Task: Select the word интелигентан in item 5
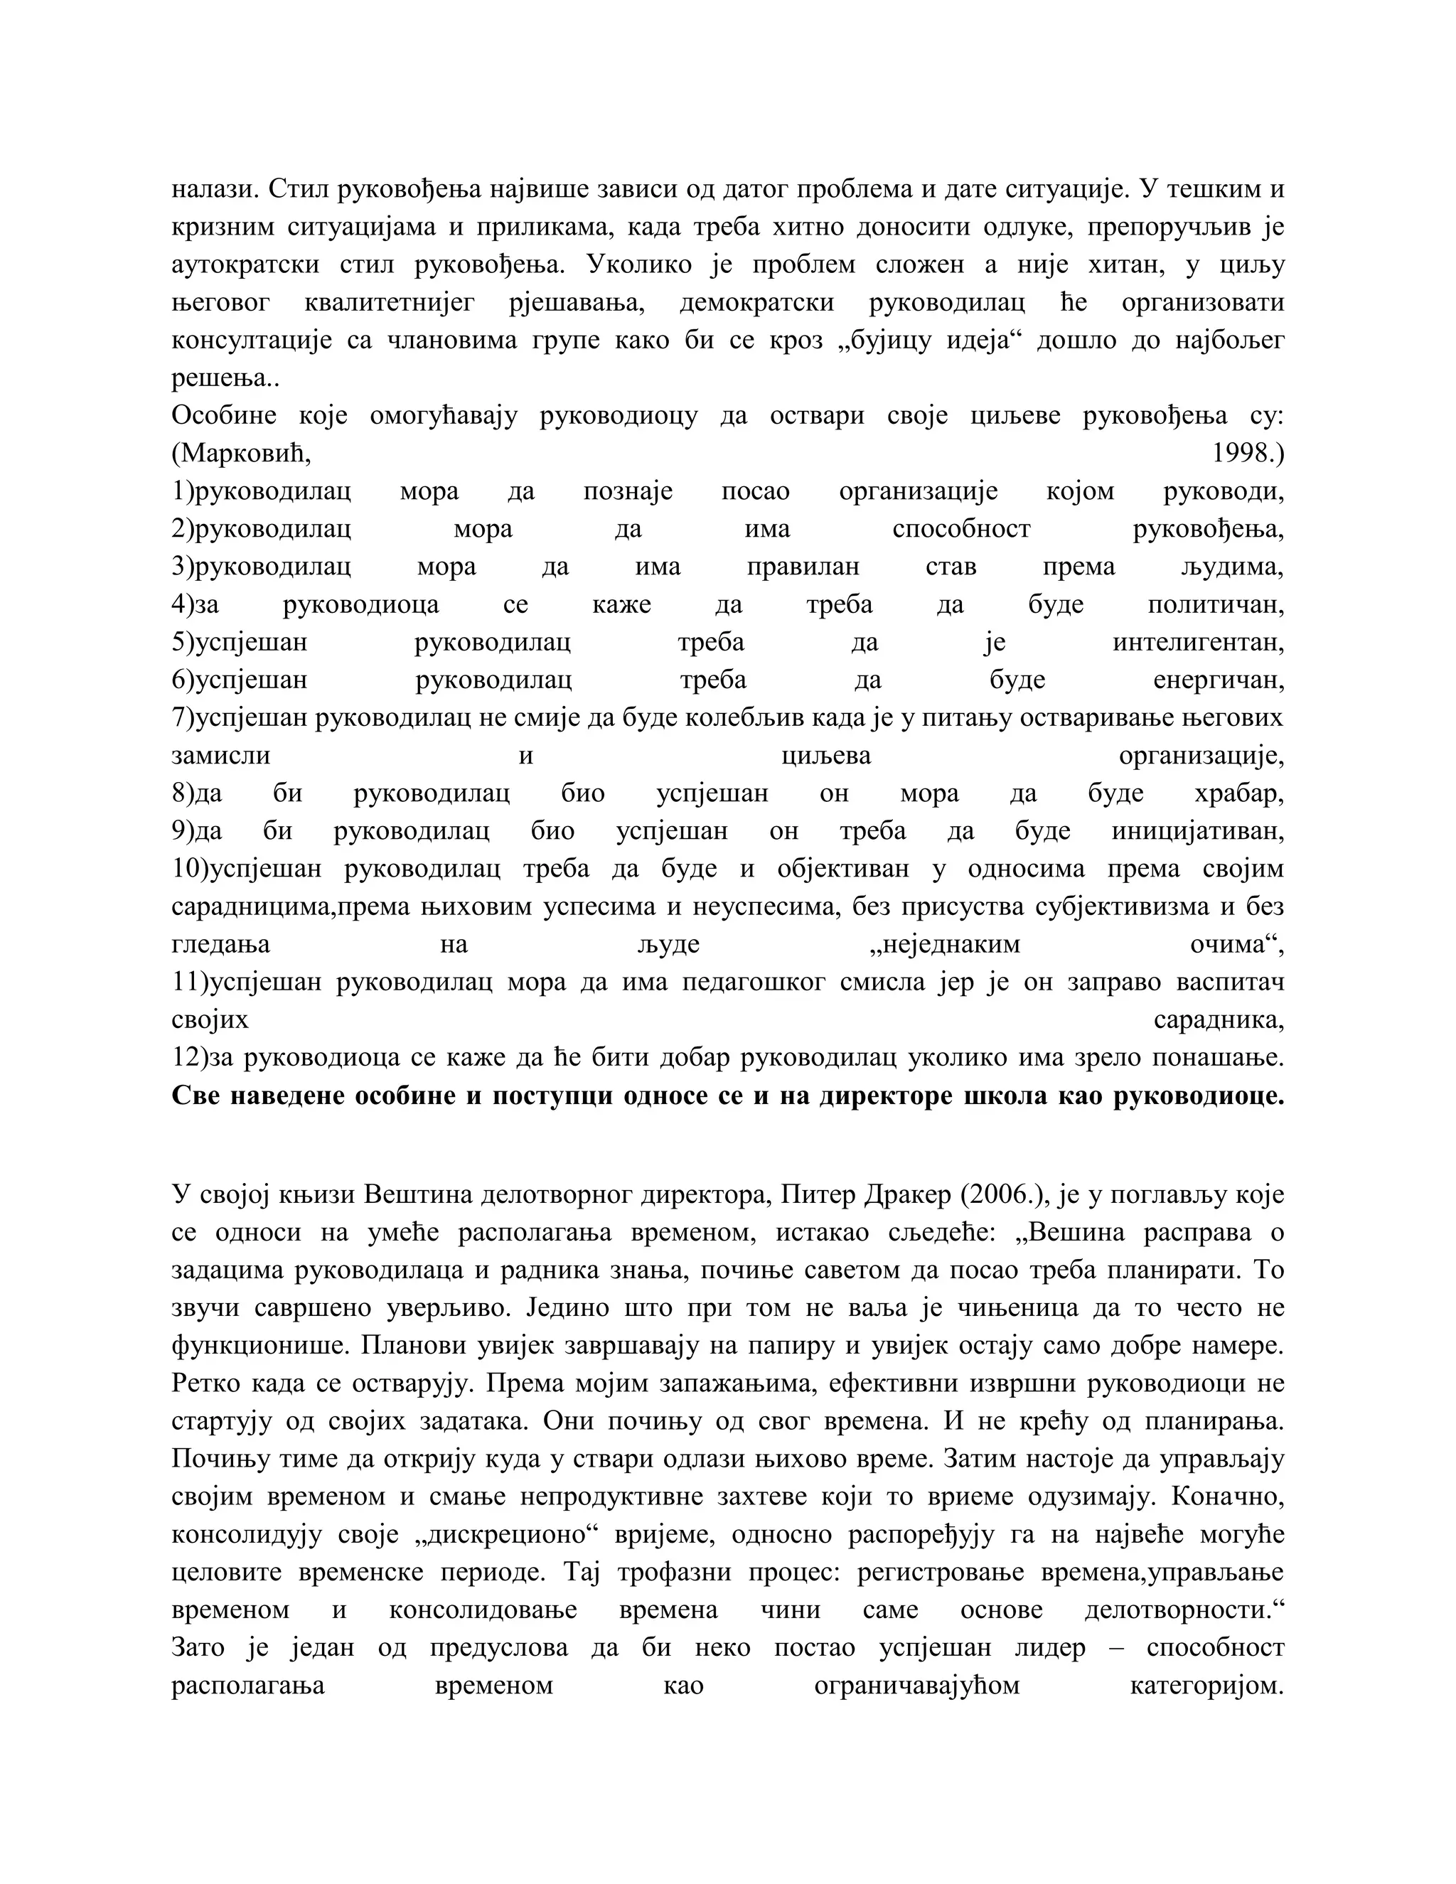[x=1198, y=643]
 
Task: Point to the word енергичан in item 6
[x=1218, y=680]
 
